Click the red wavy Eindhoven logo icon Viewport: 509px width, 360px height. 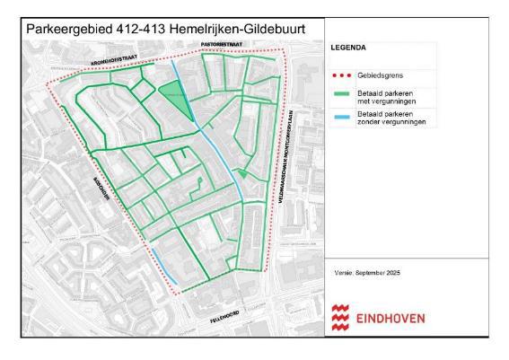point(340,317)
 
